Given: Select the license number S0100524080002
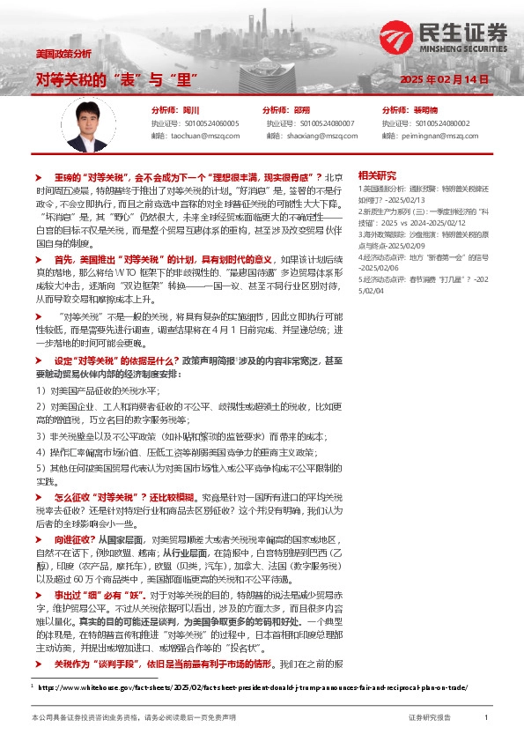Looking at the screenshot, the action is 436,123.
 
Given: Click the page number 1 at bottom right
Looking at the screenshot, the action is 486,717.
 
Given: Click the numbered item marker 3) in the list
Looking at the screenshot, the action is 41,435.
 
